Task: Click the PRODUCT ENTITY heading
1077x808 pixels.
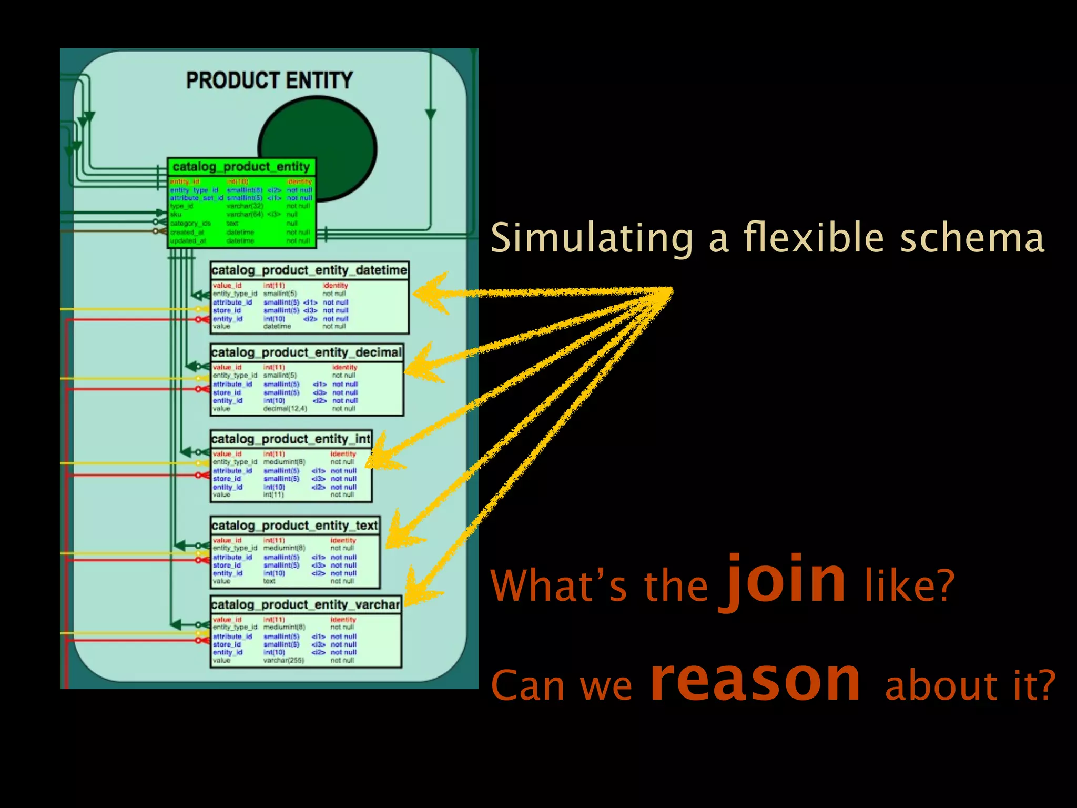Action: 269,80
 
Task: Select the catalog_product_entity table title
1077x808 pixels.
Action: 241,167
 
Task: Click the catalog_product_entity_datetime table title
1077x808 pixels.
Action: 309,270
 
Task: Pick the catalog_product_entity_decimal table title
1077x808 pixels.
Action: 307,352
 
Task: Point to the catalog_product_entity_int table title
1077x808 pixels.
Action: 291,439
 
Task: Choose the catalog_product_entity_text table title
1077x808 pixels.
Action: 294,526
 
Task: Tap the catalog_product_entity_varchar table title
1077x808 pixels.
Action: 306,605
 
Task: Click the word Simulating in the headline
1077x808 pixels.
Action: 592,238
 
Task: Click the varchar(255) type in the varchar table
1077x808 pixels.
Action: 283,660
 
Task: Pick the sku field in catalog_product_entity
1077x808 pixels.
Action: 176,215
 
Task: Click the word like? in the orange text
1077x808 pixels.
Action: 909,585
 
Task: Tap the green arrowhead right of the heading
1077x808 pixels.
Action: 431,114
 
